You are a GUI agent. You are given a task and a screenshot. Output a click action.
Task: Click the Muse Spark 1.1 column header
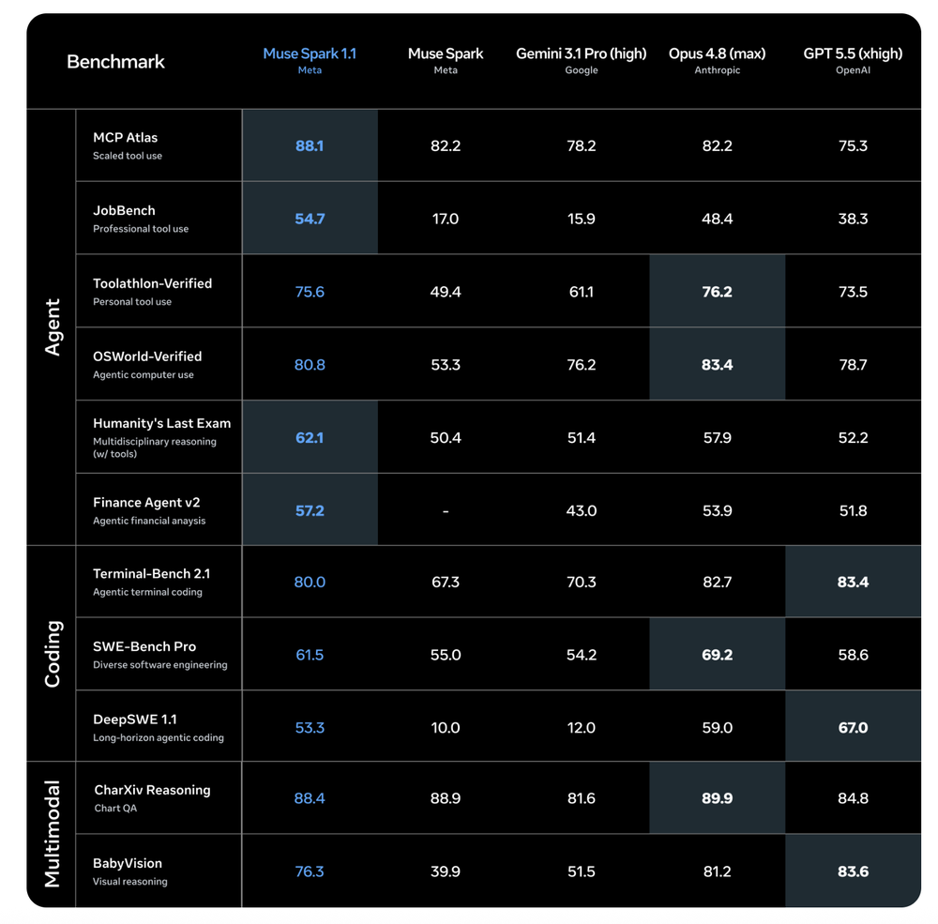coord(310,53)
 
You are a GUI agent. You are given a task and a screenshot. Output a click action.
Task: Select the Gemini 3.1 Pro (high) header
coord(581,53)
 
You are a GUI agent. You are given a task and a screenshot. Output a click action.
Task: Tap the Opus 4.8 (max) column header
coord(717,53)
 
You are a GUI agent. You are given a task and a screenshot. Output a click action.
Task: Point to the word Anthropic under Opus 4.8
coord(717,70)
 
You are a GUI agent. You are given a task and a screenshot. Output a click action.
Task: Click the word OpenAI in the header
coord(853,70)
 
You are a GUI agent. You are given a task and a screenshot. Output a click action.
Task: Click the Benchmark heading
coord(115,62)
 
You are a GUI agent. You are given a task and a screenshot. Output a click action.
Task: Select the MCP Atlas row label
coord(125,138)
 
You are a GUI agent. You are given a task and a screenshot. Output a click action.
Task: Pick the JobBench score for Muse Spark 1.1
coord(310,219)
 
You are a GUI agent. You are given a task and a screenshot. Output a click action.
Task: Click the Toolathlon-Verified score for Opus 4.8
coord(717,292)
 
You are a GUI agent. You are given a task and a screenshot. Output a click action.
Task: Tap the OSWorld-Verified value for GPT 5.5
coord(853,365)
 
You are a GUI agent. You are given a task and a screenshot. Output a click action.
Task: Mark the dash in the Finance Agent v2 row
coord(445,511)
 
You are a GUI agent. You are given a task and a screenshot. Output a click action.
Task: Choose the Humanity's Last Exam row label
coord(161,424)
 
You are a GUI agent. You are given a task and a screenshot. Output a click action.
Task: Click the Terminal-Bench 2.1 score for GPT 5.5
coord(853,583)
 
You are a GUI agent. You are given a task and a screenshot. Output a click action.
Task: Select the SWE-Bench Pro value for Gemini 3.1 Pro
coord(581,656)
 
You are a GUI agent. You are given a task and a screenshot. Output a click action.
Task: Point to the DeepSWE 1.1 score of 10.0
coord(445,728)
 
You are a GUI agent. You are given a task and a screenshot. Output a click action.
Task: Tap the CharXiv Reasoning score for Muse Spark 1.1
coord(310,799)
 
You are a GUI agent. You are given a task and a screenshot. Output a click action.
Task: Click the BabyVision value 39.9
coord(445,871)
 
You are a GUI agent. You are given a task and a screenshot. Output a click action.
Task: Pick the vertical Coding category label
coord(53,654)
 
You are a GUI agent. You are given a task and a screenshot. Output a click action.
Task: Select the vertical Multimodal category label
coord(53,834)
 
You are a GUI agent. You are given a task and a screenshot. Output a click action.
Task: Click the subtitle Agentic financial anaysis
coord(149,522)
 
